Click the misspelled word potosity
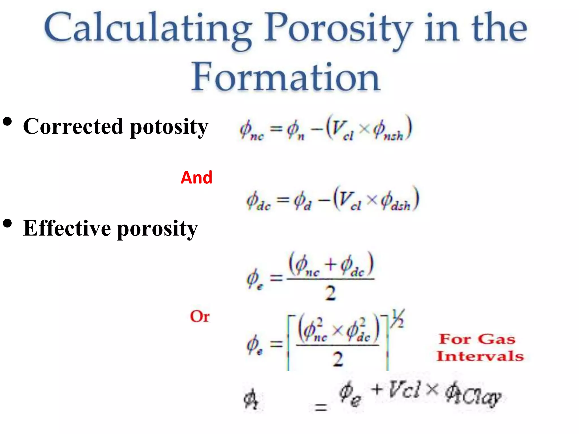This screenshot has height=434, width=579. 169,127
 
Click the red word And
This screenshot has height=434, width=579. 196,178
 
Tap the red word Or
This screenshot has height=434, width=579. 200,316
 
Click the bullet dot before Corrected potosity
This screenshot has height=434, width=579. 7,122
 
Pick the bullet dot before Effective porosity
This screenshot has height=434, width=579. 7,223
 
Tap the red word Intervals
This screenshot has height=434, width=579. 480,356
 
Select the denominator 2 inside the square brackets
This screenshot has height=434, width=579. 338,359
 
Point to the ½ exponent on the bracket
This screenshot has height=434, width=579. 397,319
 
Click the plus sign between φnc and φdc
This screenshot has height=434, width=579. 330,265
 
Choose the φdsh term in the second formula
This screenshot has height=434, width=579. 396,201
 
